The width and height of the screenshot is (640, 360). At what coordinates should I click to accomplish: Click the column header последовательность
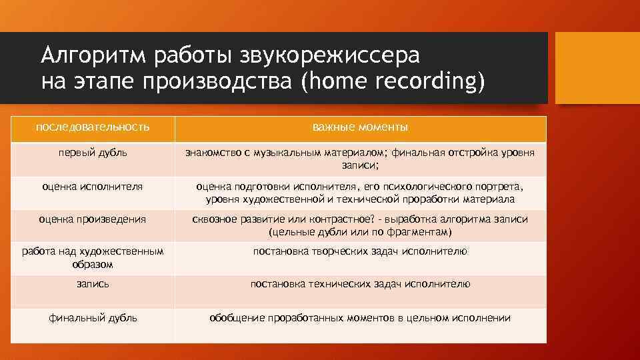point(93,127)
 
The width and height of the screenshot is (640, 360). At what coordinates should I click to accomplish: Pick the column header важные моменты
point(360,127)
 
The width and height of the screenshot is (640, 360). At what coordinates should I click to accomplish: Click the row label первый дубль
point(93,153)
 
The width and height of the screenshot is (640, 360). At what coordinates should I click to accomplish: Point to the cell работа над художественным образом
point(93,257)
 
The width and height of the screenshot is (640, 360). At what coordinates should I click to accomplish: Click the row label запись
point(93,284)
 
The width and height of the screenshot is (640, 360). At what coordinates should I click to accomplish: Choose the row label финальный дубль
point(93,318)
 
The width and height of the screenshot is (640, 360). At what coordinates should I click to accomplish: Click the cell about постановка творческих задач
point(360,251)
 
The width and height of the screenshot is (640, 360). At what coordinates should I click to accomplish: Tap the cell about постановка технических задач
point(360,284)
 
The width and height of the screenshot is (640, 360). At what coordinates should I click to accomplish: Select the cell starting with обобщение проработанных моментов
point(360,318)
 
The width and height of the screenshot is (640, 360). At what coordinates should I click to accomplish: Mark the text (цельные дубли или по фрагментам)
point(360,232)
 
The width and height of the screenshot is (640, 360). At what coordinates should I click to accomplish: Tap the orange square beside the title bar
point(597,67)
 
